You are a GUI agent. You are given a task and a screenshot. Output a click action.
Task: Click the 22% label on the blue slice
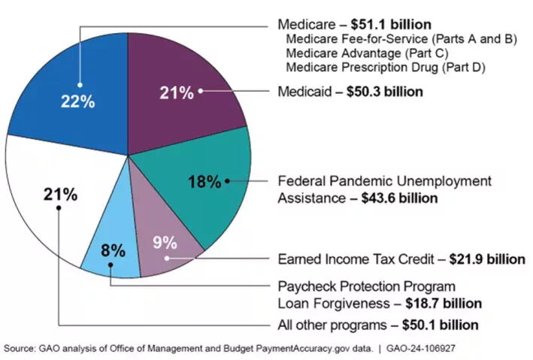[x=77, y=101]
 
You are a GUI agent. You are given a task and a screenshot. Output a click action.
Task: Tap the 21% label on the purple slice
[x=177, y=92]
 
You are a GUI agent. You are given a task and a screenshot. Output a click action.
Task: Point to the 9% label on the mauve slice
[x=165, y=242]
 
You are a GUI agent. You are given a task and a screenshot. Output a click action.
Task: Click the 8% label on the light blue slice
[x=113, y=251]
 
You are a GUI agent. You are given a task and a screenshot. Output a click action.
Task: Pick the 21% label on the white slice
[x=60, y=194]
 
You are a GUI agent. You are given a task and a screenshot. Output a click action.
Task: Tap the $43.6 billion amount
[x=395, y=198]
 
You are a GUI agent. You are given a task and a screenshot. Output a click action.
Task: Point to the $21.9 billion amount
[x=487, y=259]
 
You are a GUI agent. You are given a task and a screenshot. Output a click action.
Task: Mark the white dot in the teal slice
[x=227, y=181]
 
